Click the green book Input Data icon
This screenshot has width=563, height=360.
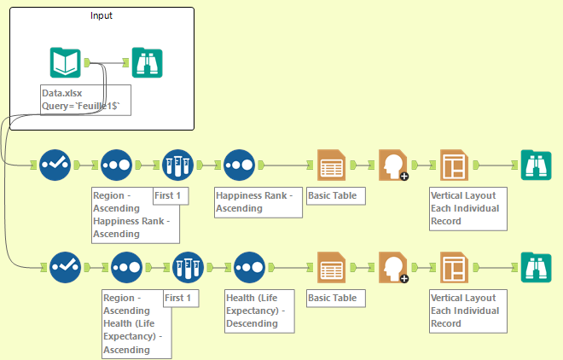click(x=66, y=62)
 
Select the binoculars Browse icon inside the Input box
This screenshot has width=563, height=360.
click(x=147, y=62)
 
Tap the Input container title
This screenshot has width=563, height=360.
click(x=101, y=15)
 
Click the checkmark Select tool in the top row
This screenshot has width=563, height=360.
click(x=55, y=165)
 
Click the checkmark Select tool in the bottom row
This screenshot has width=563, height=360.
click(x=65, y=267)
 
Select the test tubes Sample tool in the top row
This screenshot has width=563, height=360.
click(x=177, y=165)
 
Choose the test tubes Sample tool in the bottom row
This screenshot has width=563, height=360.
click(x=188, y=267)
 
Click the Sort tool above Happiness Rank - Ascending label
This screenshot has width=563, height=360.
click(x=239, y=165)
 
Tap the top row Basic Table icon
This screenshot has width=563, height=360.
click(x=331, y=165)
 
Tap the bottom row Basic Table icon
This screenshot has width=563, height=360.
click(x=331, y=267)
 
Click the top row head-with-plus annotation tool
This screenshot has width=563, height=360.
click(x=392, y=165)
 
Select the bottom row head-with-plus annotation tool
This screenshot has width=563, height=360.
click(x=392, y=267)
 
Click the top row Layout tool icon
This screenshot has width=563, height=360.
click(x=454, y=165)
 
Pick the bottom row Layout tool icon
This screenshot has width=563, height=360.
click(x=454, y=267)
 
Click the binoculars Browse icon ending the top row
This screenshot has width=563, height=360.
click(x=536, y=165)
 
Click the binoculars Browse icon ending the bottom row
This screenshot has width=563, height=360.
click(x=536, y=267)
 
